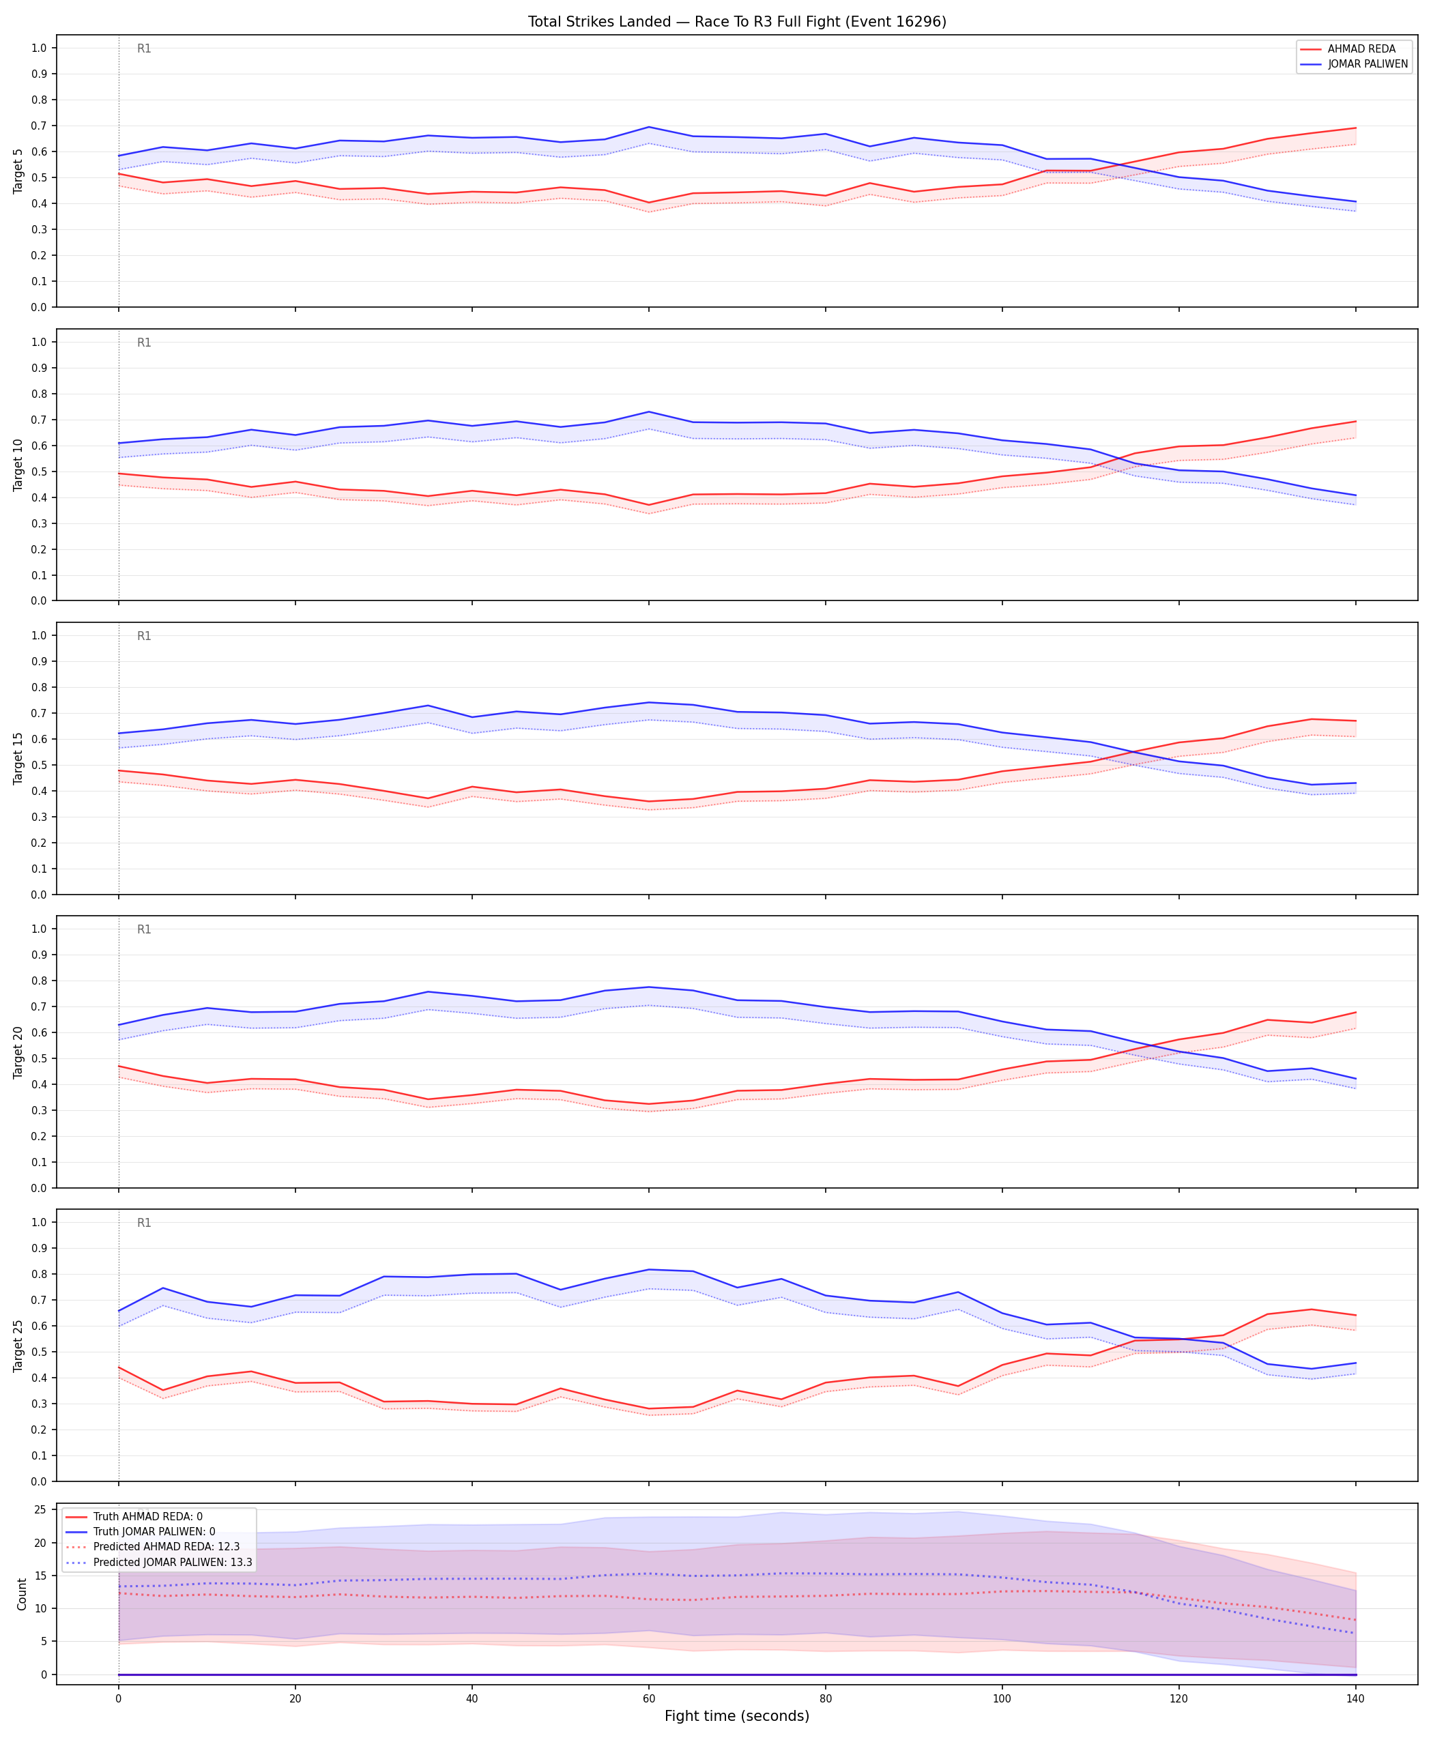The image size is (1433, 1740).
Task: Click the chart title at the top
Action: click(737, 21)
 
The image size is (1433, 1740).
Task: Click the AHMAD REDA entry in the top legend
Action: click(1361, 48)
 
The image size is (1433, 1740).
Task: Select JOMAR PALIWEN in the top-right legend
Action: click(1367, 63)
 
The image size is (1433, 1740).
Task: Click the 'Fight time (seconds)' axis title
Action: click(737, 1716)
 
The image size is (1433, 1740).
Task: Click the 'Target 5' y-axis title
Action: click(18, 171)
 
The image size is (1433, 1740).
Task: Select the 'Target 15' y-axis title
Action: click(18, 757)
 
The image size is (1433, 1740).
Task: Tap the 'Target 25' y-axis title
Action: click(18, 1345)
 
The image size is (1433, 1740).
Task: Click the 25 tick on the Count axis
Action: click(39, 1509)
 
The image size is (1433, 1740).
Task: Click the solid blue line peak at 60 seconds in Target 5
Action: click(649, 127)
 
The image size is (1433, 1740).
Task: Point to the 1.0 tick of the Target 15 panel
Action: click(39, 635)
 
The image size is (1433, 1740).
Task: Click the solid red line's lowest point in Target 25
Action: click(649, 1408)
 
